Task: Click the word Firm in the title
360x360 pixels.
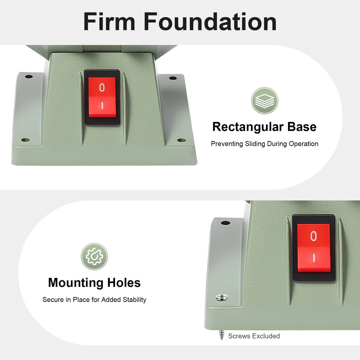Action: coord(109,21)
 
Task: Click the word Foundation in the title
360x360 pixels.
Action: coord(210,21)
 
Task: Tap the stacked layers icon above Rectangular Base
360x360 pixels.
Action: coord(265,101)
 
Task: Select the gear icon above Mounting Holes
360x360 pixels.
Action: coord(94,256)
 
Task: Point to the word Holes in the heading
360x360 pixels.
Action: coord(124,283)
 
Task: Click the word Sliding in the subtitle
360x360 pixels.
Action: coord(255,144)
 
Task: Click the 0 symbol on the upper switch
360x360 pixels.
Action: coord(102,88)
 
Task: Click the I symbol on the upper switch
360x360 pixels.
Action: coord(102,106)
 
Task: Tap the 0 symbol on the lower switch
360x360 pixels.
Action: coord(314,236)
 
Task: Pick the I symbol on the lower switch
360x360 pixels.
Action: coord(314,258)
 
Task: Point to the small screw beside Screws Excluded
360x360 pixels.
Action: coord(222,335)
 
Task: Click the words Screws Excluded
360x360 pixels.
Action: coord(254,336)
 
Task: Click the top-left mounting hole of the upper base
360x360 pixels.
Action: coord(29,76)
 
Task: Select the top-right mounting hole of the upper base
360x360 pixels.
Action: coord(173,78)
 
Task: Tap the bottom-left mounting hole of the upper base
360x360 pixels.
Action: coord(25,140)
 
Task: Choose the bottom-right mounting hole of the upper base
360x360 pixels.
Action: coord(181,140)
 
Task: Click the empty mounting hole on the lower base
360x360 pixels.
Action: coord(226,223)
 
